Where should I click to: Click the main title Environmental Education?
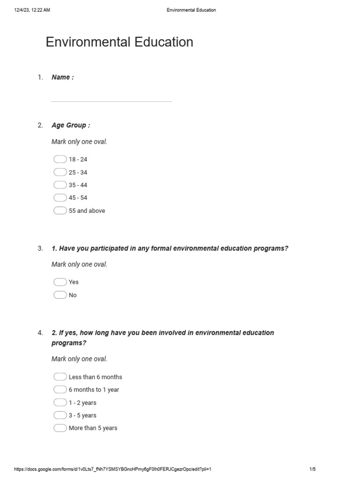(x=119, y=42)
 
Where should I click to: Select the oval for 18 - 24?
(x=60, y=159)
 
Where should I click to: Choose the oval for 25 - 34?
(x=60, y=172)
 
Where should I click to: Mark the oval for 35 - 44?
(x=60, y=185)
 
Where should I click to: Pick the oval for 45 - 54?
(x=60, y=198)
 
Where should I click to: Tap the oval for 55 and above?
(x=60, y=210)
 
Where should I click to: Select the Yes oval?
(x=60, y=282)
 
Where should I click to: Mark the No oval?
(x=60, y=295)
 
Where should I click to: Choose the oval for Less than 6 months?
(x=60, y=377)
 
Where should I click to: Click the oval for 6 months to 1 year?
(x=60, y=390)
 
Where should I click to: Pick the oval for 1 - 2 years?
(x=60, y=402)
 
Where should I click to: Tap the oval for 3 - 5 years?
(x=60, y=415)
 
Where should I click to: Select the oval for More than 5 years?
(x=60, y=428)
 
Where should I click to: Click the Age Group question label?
(x=71, y=125)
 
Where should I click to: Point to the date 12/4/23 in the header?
(x=22, y=10)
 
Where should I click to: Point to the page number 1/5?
(x=313, y=469)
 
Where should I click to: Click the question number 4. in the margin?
(x=40, y=333)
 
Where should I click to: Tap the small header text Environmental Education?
(x=191, y=10)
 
